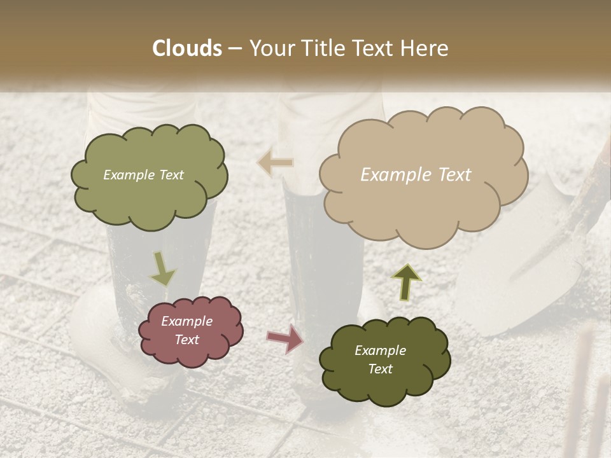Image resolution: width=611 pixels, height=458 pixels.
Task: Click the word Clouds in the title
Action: pyautogui.click(x=187, y=48)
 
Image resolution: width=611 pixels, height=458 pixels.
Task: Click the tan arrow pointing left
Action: pyautogui.click(x=275, y=162)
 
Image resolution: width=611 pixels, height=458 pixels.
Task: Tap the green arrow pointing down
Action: pyautogui.click(x=163, y=270)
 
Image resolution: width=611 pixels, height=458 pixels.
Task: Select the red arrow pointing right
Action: pyautogui.click(x=284, y=338)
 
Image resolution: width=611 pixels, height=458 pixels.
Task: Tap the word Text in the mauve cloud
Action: pyautogui.click(x=187, y=340)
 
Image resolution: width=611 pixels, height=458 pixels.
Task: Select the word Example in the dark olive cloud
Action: pyautogui.click(x=380, y=350)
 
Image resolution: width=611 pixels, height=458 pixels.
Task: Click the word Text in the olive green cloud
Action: pyautogui.click(x=171, y=175)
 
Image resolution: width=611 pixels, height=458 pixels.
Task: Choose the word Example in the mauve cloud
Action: pyautogui.click(x=187, y=321)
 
